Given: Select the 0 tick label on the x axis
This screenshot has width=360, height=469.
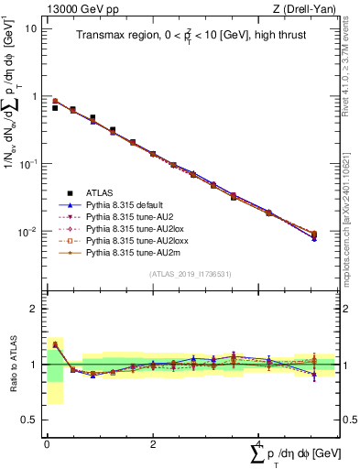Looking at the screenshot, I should click(x=47, y=443).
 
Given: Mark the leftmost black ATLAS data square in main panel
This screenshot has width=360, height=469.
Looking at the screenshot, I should click(x=55, y=108).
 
